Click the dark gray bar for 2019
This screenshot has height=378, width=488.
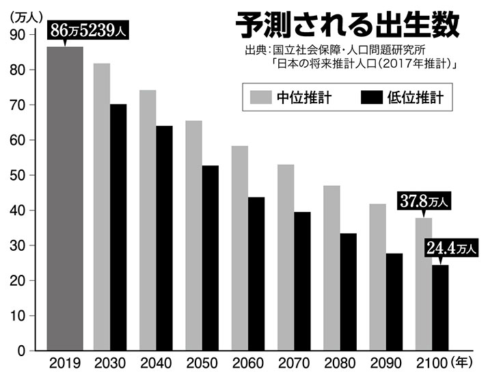click(65, 198)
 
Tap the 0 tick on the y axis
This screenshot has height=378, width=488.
click(23, 351)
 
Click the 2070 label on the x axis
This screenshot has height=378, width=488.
click(293, 364)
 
